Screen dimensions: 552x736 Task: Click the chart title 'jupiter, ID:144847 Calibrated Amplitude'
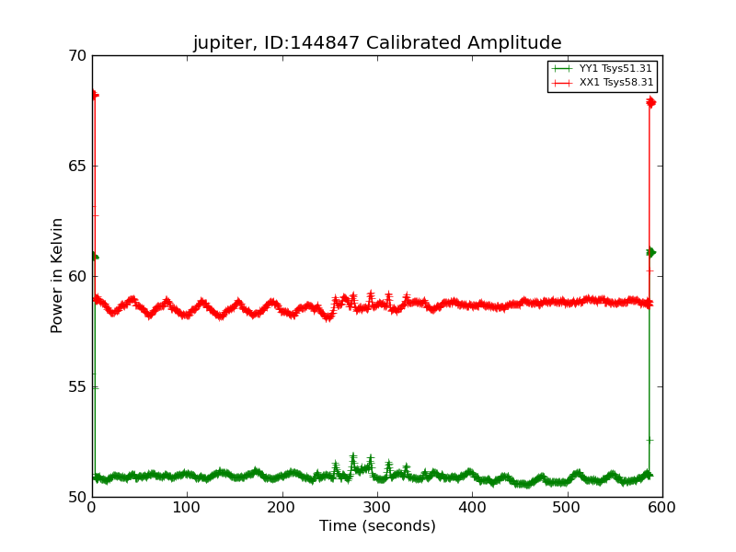tap(376, 43)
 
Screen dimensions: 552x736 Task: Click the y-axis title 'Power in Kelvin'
tap(57, 275)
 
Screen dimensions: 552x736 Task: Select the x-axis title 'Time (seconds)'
tap(377, 526)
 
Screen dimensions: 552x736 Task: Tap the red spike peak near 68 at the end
tap(650, 102)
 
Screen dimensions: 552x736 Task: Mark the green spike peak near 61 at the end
tap(650, 252)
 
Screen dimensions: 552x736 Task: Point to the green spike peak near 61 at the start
tap(93, 257)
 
